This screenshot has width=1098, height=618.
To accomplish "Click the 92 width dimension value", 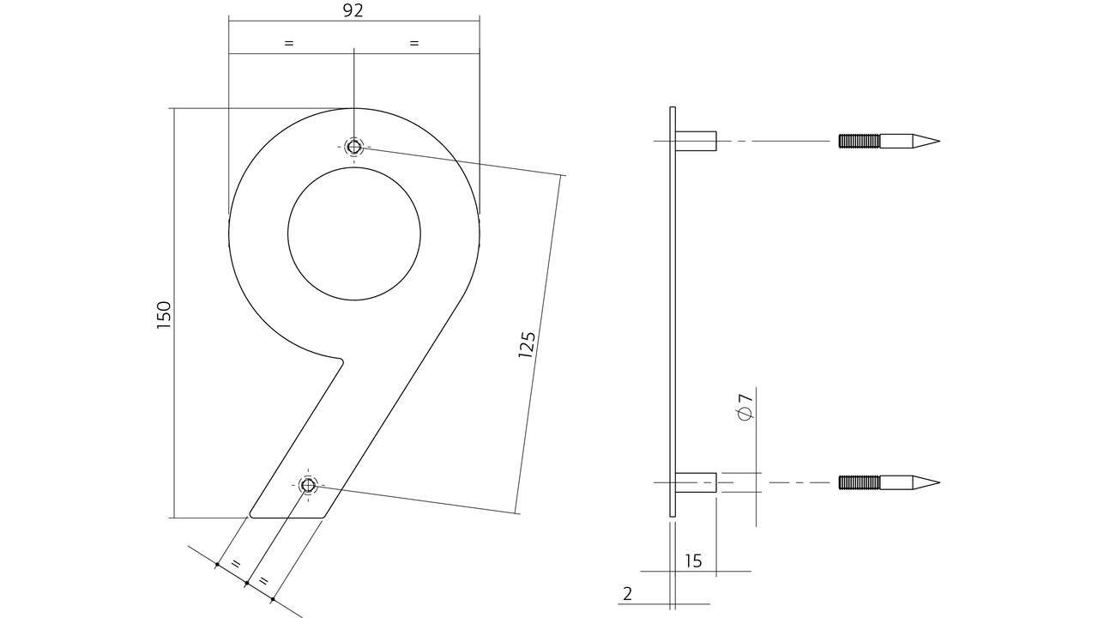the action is (x=353, y=11).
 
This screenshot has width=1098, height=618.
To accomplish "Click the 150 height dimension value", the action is (x=164, y=315).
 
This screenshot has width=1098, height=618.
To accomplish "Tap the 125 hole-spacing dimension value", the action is (x=527, y=344).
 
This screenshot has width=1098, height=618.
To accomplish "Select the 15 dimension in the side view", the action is (x=693, y=560).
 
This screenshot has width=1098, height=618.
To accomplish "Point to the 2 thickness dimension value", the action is (x=628, y=594).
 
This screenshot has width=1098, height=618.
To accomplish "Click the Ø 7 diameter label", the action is (x=745, y=407).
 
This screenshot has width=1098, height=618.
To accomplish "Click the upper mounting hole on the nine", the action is (x=353, y=147).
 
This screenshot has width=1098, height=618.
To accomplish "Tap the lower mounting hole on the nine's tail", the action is (x=308, y=486).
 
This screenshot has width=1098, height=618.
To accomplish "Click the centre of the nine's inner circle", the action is (x=354, y=234).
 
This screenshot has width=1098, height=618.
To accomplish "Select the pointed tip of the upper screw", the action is (x=939, y=142).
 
